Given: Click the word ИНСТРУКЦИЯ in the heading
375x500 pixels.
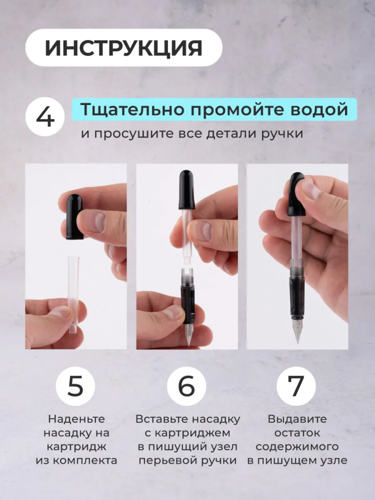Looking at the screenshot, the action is pyautogui.click(x=123, y=48).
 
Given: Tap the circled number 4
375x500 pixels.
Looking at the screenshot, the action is pyautogui.click(x=45, y=116).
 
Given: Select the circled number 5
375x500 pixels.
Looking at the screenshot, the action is pyautogui.click(x=75, y=386).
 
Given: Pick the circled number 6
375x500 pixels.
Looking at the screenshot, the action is pyautogui.click(x=186, y=386).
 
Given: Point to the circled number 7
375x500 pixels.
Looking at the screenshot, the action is pyautogui.click(x=296, y=386).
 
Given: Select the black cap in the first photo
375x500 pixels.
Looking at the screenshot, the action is pyautogui.click(x=74, y=216).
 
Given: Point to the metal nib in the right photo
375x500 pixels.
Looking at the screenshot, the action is pyautogui.click(x=298, y=330).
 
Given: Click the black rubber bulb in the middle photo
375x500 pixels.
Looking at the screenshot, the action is pyautogui.click(x=187, y=189).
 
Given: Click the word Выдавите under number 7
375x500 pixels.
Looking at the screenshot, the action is pyautogui.click(x=297, y=419).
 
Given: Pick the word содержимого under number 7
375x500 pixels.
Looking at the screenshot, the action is pyautogui.click(x=297, y=447).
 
